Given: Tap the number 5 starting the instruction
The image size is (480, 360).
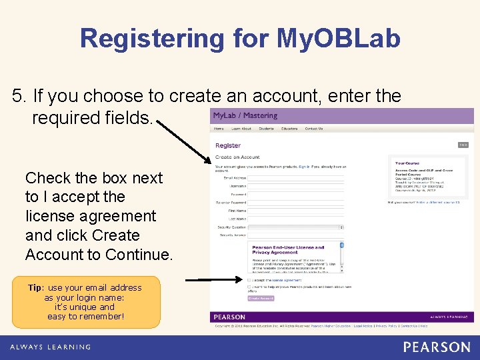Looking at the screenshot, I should (x=18, y=96).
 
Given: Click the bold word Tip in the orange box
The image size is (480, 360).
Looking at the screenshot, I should (x=35, y=288).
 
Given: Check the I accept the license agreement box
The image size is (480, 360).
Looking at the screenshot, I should (x=249, y=280).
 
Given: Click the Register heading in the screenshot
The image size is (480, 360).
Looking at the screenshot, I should (x=228, y=145).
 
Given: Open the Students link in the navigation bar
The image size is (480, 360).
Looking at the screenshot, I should (x=266, y=129).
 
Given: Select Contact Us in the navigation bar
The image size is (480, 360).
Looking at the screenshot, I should (x=313, y=129).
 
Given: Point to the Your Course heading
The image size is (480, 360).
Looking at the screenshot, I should (x=407, y=163).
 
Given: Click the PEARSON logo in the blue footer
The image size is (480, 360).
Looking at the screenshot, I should (x=436, y=347).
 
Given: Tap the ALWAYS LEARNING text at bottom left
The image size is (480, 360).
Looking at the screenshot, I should (x=50, y=347).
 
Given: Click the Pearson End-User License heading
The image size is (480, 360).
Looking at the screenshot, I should (x=288, y=248).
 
